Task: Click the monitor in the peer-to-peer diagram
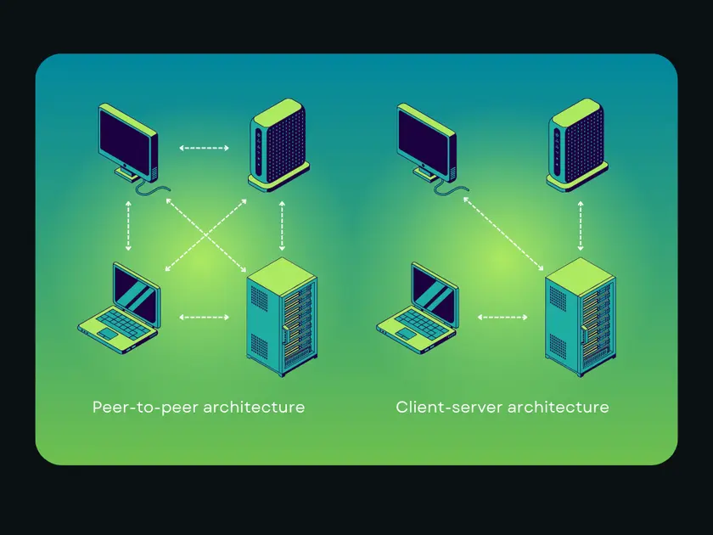(129, 144)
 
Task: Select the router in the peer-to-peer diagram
(279, 145)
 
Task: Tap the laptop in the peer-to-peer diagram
(119, 308)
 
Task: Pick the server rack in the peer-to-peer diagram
(282, 317)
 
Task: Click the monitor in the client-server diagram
(427, 144)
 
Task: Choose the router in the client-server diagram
(577, 145)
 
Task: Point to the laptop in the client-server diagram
(418, 308)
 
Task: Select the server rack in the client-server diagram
(581, 317)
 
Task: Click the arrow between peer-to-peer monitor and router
(205, 148)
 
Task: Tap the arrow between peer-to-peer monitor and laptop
(128, 226)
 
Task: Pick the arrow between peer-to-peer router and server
(282, 226)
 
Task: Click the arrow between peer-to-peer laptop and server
(205, 317)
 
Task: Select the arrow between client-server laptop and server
(502, 317)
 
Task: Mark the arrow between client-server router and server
(581, 226)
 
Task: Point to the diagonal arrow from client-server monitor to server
(503, 234)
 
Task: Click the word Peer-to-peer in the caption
(145, 407)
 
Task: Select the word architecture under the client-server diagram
(558, 407)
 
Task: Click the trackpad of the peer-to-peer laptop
(109, 334)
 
